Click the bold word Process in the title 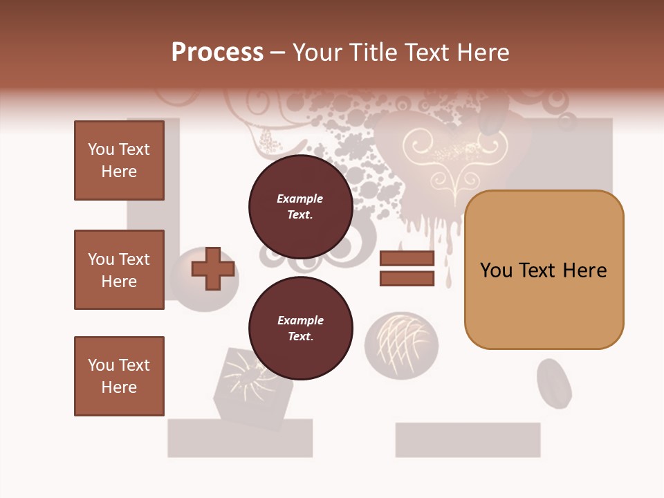tap(217, 53)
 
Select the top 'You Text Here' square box tap(119, 160)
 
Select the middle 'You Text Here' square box tap(119, 270)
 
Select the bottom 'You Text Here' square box tap(119, 376)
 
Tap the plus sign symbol tap(213, 268)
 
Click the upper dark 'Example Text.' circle tap(300, 206)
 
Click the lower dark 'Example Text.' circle tap(300, 328)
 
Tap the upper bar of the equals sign tap(407, 259)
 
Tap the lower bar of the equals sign tap(407, 279)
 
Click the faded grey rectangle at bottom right tap(468, 440)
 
